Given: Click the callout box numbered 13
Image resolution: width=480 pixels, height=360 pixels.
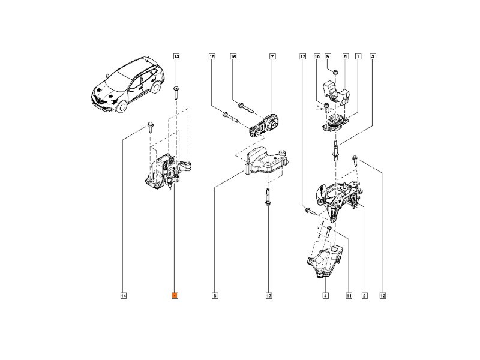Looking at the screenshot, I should click(x=176, y=56).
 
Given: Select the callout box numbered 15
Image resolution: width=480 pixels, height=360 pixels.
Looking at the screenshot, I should click(x=211, y=56).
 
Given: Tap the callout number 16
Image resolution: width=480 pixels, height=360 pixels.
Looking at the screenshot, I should click(x=233, y=56).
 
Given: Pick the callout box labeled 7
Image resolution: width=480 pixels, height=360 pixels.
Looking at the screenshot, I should click(x=272, y=56).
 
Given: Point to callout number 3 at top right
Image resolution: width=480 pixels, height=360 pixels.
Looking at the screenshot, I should click(x=373, y=56).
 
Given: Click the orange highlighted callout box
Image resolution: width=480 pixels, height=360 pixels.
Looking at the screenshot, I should click(x=175, y=295).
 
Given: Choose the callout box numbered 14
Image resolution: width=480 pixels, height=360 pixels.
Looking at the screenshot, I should click(x=123, y=295).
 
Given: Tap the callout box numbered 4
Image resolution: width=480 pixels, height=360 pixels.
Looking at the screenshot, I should click(x=325, y=295).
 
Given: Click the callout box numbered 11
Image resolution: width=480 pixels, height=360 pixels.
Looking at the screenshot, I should click(x=348, y=295).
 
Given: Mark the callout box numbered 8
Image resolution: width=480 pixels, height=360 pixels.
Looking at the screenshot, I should click(x=214, y=295).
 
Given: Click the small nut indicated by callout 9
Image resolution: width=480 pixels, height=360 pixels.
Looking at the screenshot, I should click(x=336, y=72).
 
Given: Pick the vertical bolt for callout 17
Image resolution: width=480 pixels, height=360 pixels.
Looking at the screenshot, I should click(x=266, y=198).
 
